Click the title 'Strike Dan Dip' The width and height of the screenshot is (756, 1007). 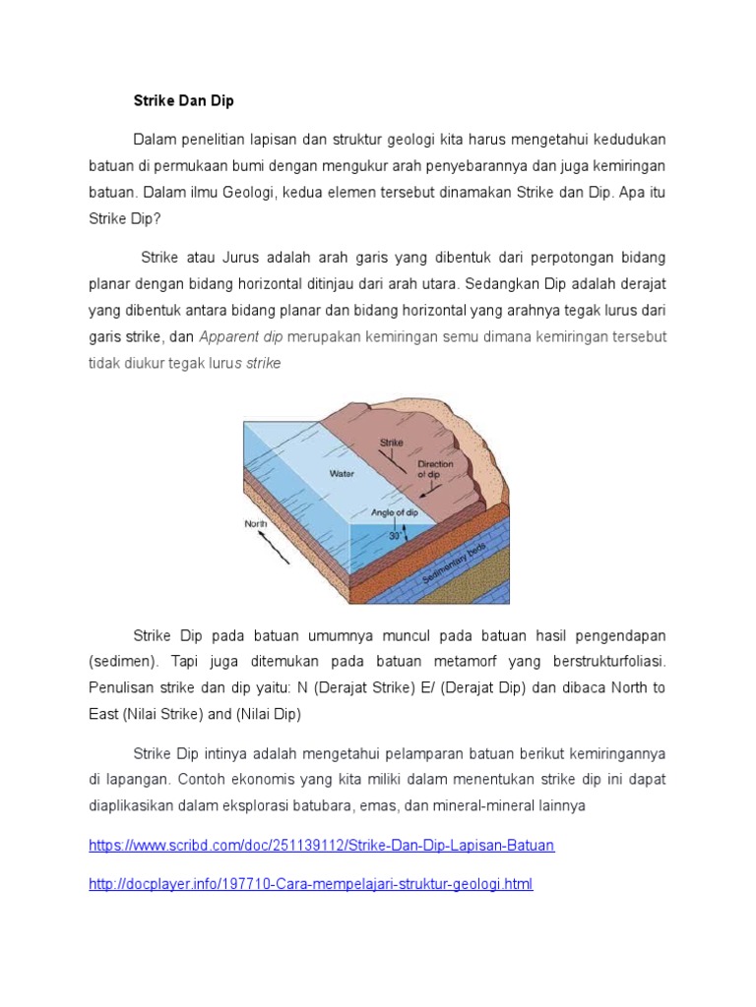point(184,101)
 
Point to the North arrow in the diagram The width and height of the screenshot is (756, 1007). point(272,542)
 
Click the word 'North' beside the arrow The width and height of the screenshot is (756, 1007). point(255,523)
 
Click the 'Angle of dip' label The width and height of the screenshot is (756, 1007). point(397,512)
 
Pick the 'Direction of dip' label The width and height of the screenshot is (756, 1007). point(434,468)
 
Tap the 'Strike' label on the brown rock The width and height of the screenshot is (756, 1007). point(392,444)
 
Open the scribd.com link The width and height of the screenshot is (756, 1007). point(322,846)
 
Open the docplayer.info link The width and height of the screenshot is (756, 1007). point(311,884)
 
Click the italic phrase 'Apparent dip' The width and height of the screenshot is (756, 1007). point(241,336)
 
